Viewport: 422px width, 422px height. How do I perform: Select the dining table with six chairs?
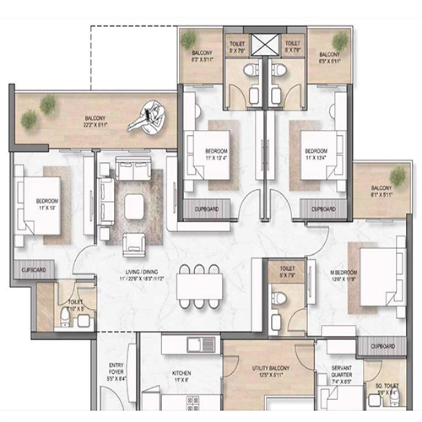pyautogui.click(x=200, y=286)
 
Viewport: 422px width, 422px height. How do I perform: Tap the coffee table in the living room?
pyautogui.click(x=136, y=205)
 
